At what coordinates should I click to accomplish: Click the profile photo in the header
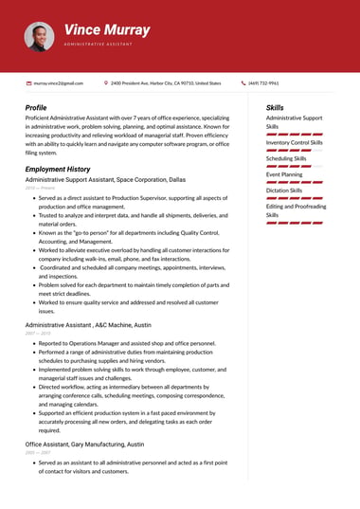pyautogui.click(x=39, y=37)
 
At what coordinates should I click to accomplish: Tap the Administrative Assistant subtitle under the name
pyautogui.click(x=106, y=45)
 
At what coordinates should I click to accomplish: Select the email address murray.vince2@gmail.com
pyautogui.click(x=59, y=83)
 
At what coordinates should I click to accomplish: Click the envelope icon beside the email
pyautogui.click(x=28, y=83)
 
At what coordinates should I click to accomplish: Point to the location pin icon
pyautogui.click(x=106, y=83)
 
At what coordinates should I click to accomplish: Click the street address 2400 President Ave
pyautogui.click(x=166, y=83)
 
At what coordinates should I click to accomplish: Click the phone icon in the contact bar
pyautogui.click(x=243, y=83)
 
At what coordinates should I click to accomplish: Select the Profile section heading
pyautogui.click(x=36, y=108)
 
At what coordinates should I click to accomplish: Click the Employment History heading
pyautogui.click(x=58, y=169)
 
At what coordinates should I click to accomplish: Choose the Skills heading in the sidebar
pyautogui.click(x=275, y=108)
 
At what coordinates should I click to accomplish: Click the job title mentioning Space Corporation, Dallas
pyautogui.click(x=105, y=179)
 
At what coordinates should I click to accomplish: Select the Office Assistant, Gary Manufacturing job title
pyautogui.click(x=84, y=444)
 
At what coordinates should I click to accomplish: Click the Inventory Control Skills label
pyautogui.click(x=294, y=142)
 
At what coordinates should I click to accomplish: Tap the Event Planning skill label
pyautogui.click(x=284, y=174)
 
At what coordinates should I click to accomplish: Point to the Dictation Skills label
pyautogui.click(x=285, y=191)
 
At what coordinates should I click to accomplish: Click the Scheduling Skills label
pyautogui.click(x=286, y=158)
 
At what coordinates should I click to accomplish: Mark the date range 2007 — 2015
pyautogui.click(x=38, y=334)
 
